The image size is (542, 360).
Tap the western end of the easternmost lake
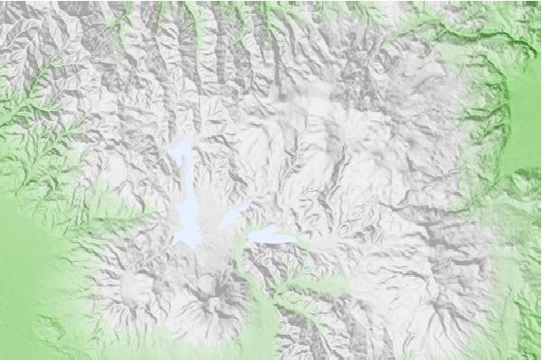(250, 238)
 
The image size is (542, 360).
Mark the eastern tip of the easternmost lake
(296, 239)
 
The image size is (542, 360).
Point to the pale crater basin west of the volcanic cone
(137, 290)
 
